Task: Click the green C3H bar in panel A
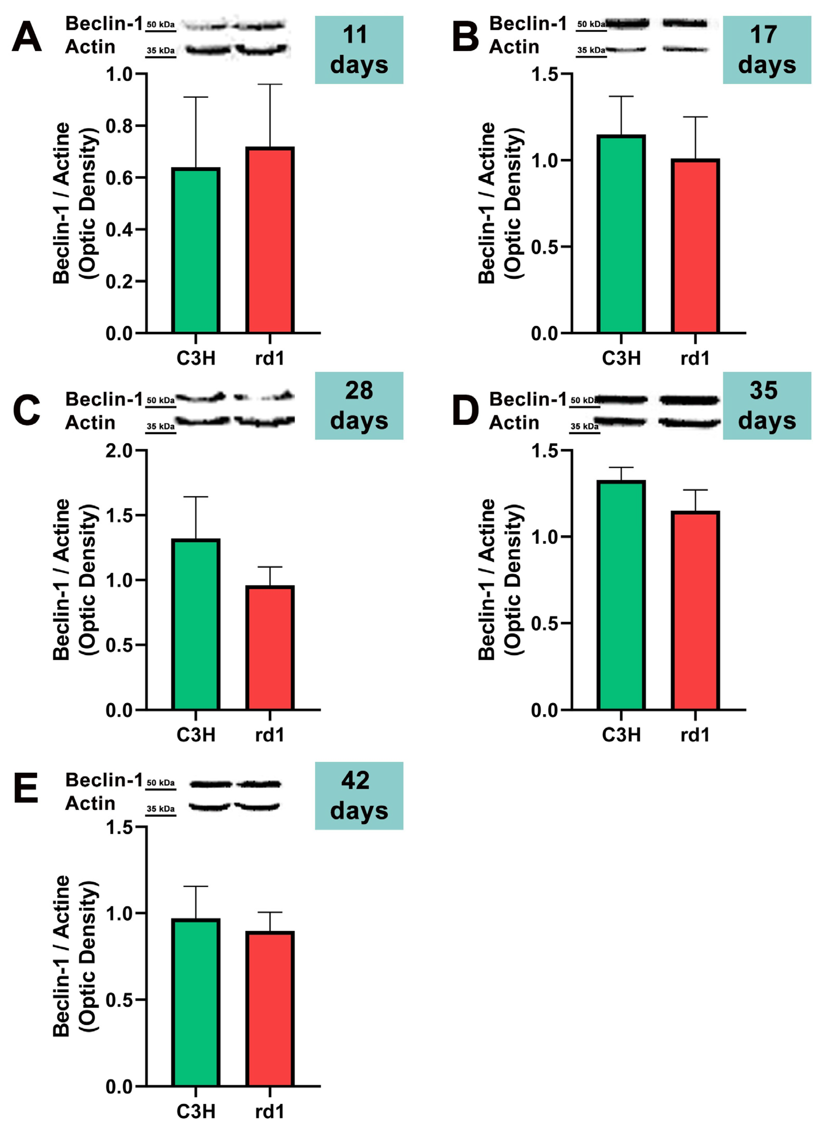point(196,250)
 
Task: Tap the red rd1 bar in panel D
point(695,610)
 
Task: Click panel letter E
point(26,788)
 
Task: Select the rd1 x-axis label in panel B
point(695,358)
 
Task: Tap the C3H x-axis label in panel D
point(621,735)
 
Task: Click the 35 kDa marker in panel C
point(160,426)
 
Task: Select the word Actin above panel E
point(90,803)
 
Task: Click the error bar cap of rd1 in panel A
point(270,85)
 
